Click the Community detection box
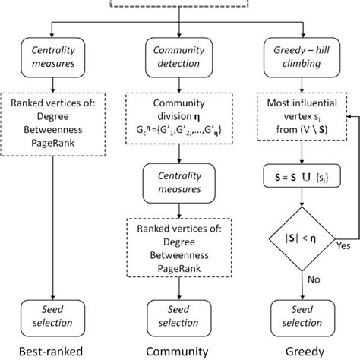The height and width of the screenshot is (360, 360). (x=180, y=57)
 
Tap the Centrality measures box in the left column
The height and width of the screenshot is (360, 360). (x=52, y=57)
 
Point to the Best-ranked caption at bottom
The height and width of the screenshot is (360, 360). (x=52, y=351)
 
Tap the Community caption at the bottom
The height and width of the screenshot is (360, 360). (x=180, y=351)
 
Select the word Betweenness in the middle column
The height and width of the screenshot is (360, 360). (x=180, y=248)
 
